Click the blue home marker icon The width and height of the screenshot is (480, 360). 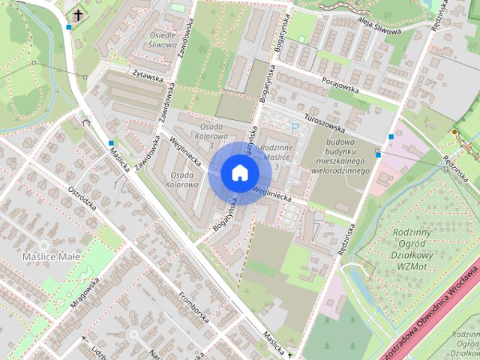pos(238,172)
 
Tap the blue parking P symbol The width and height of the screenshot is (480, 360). pos(295,128)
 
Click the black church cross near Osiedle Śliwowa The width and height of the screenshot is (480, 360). pos(78,14)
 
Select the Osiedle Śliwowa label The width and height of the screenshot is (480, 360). pos(163,38)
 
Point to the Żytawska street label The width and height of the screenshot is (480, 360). pos(148,75)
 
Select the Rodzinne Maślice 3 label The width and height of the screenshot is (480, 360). pos(276,157)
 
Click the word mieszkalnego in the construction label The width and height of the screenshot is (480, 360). pos(343,161)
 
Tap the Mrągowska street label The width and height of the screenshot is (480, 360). pos(85,295)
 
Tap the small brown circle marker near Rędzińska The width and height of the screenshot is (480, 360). pos(454,132)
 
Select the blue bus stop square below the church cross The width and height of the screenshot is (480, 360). pos(69,28)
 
